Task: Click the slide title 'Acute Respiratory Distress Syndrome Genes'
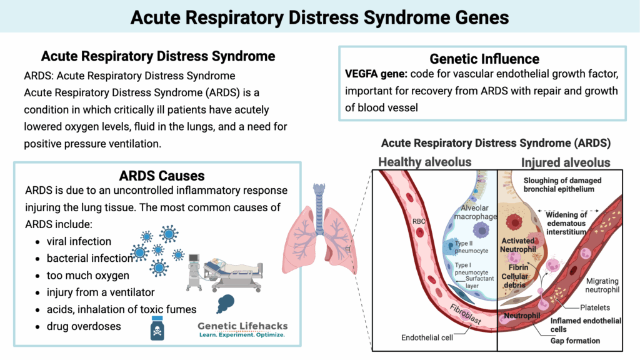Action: click(320, 16)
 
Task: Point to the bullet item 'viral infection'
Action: click(79, 241)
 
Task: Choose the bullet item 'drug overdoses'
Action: click(84, 326)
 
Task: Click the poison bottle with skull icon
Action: click(157, 327)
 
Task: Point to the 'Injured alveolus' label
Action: click(566, 162)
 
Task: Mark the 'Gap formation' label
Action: click(575, 341)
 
